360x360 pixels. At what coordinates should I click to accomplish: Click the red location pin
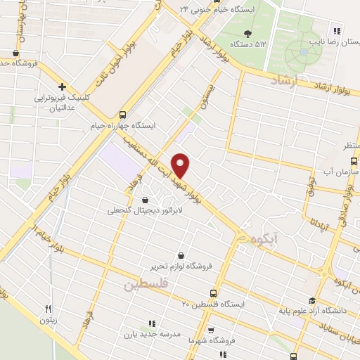click(181, 165)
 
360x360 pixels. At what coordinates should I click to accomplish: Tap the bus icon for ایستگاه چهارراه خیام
click(124, 114)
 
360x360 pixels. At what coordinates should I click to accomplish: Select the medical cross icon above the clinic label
click(62, 86)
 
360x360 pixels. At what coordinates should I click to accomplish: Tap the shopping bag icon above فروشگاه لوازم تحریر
click(182, 255)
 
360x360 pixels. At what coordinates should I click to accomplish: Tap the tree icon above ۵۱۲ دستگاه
click(246, 33)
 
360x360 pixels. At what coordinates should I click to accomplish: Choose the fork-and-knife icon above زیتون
click(49, 308)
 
